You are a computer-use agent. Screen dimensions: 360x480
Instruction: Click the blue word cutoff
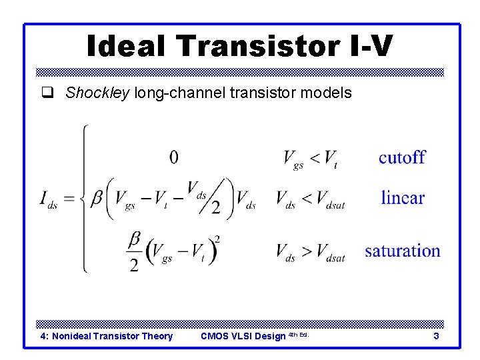click(x=402, y=157)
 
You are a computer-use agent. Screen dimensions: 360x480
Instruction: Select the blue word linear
click(x=403, y=197)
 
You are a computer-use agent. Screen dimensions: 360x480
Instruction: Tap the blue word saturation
click(x=403, y=251)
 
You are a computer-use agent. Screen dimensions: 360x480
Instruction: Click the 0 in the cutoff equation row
click(x=173, y=157)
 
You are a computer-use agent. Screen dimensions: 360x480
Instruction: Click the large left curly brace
click(x=83, y=198)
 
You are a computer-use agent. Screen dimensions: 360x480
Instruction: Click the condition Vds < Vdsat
click(x=310, y=199)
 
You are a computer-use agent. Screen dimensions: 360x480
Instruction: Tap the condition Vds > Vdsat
click(x=310, y=252)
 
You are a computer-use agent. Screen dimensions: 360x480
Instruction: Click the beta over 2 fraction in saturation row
click(x=134, y=251)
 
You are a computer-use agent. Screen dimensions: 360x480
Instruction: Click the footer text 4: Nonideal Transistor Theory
click(x=107, y=336)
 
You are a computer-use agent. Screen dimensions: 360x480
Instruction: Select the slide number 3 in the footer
click(x=436, y=336)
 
